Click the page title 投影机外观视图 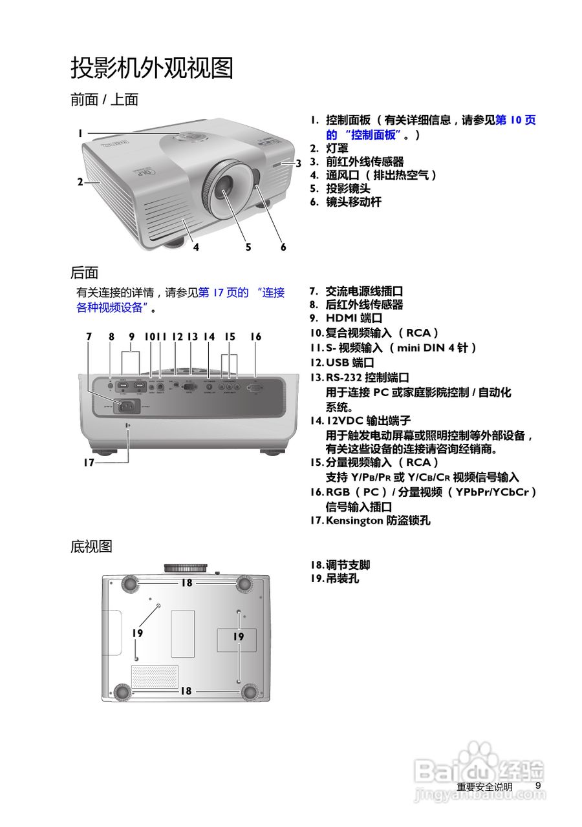coord(151,68)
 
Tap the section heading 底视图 coord(91,547)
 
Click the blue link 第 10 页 coord(515,120)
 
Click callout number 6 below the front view coord(283,247)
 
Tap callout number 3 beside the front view coord(298,163)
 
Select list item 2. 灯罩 coord(337,148)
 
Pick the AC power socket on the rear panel coord(127,406)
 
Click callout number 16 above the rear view coord(256,337)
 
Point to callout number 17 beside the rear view coord(89,463)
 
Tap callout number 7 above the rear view coord(89,337)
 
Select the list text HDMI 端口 coord(354,319)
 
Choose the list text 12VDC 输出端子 coord(368,421)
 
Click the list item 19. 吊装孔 coord(342,579)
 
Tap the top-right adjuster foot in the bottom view coord(244,583)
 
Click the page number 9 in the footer coord(537,786)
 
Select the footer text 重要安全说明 coord(484,787)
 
